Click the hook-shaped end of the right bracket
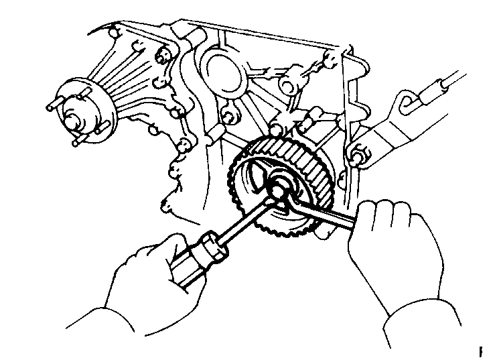click(x=403, y=102)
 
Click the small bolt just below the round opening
click(x=228, y=118)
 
